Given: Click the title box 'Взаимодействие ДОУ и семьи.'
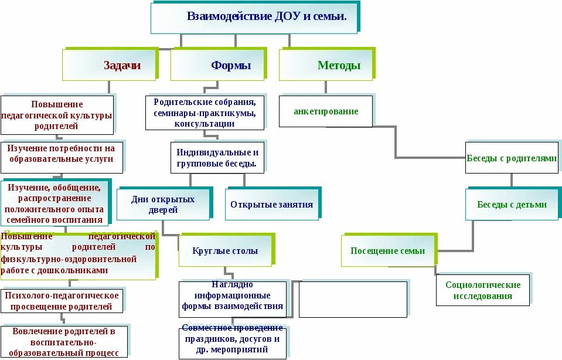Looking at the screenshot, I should click(x=254, y=18).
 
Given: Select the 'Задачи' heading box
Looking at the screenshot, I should click(x=110, y=65).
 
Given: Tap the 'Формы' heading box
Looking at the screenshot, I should click(x=218, y=65).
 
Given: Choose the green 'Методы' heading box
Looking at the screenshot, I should click(x=326, y=65).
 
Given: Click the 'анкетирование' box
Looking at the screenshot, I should click(x=325, y=111).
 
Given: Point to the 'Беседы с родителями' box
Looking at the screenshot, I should click(x=512, y=158).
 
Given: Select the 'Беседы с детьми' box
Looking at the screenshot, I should click(x=512, y=205).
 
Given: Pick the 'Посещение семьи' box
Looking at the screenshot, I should click(x=387, y=251).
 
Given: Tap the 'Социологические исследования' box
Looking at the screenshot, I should click(x=482, y=290).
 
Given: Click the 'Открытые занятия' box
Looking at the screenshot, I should click(x=271, y=205).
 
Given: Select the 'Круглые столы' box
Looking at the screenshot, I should click(x=224, y=251).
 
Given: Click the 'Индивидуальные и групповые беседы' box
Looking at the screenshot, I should click(x=217, y=157).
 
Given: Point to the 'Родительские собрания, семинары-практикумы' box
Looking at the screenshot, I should click(x=205, y=113).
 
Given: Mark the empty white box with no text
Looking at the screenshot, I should click(x=353, y=299).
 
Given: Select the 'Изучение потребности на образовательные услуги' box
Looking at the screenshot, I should click(x=62, y=157).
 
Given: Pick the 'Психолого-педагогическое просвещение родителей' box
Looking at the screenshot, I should click(x=62, y=301).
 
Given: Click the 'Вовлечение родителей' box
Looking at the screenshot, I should click(x=63, y=342).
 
